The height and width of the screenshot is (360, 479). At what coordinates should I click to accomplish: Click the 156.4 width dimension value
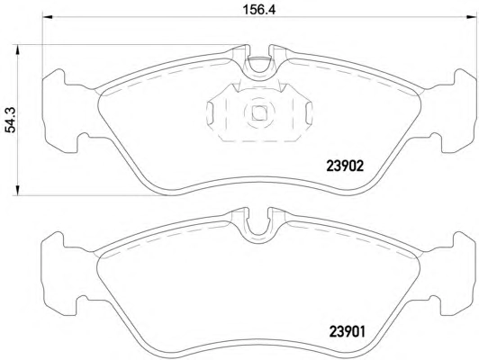259,10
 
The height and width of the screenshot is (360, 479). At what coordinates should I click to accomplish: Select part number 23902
345,166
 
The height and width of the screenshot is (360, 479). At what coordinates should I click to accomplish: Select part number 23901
347,332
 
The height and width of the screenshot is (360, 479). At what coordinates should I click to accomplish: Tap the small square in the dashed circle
259,113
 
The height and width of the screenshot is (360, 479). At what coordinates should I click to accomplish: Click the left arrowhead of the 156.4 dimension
48,17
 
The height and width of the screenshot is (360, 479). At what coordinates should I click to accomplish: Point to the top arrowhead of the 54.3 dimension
18,50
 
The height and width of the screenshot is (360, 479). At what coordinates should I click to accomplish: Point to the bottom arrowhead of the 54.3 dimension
18,190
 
